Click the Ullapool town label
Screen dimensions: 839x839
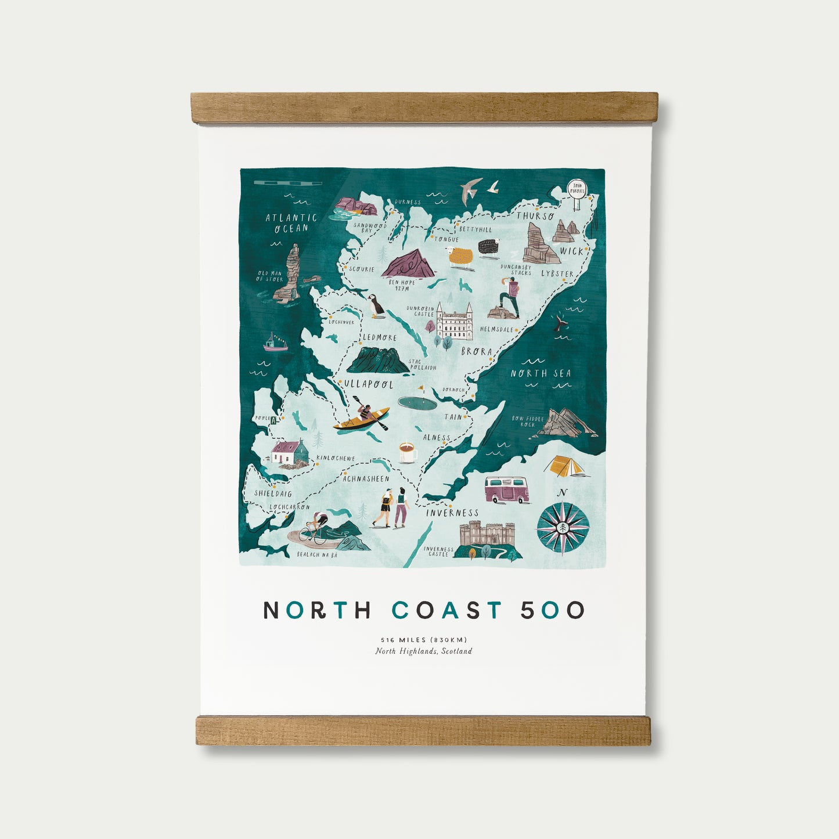(369, 384)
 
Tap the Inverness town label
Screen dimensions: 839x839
(452, 513)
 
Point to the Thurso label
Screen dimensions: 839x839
(535, 216)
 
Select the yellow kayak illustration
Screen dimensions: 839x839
(361, 419)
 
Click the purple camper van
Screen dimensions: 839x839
(507, 489)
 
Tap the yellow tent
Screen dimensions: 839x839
(566, 466)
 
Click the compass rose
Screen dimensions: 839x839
(563, 528)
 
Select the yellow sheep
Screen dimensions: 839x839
(461, 257)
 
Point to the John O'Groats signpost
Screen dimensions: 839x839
(577, 193)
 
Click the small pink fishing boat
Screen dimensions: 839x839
(275, 343)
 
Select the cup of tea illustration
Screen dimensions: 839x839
(408, 452)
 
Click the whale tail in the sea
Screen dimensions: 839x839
(561, 323)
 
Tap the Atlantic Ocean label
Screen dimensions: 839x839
(291, 223)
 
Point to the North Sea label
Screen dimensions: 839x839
(541, 373)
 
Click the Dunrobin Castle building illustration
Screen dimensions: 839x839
(454, 322)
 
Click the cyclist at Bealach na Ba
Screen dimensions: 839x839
(315, 528)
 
